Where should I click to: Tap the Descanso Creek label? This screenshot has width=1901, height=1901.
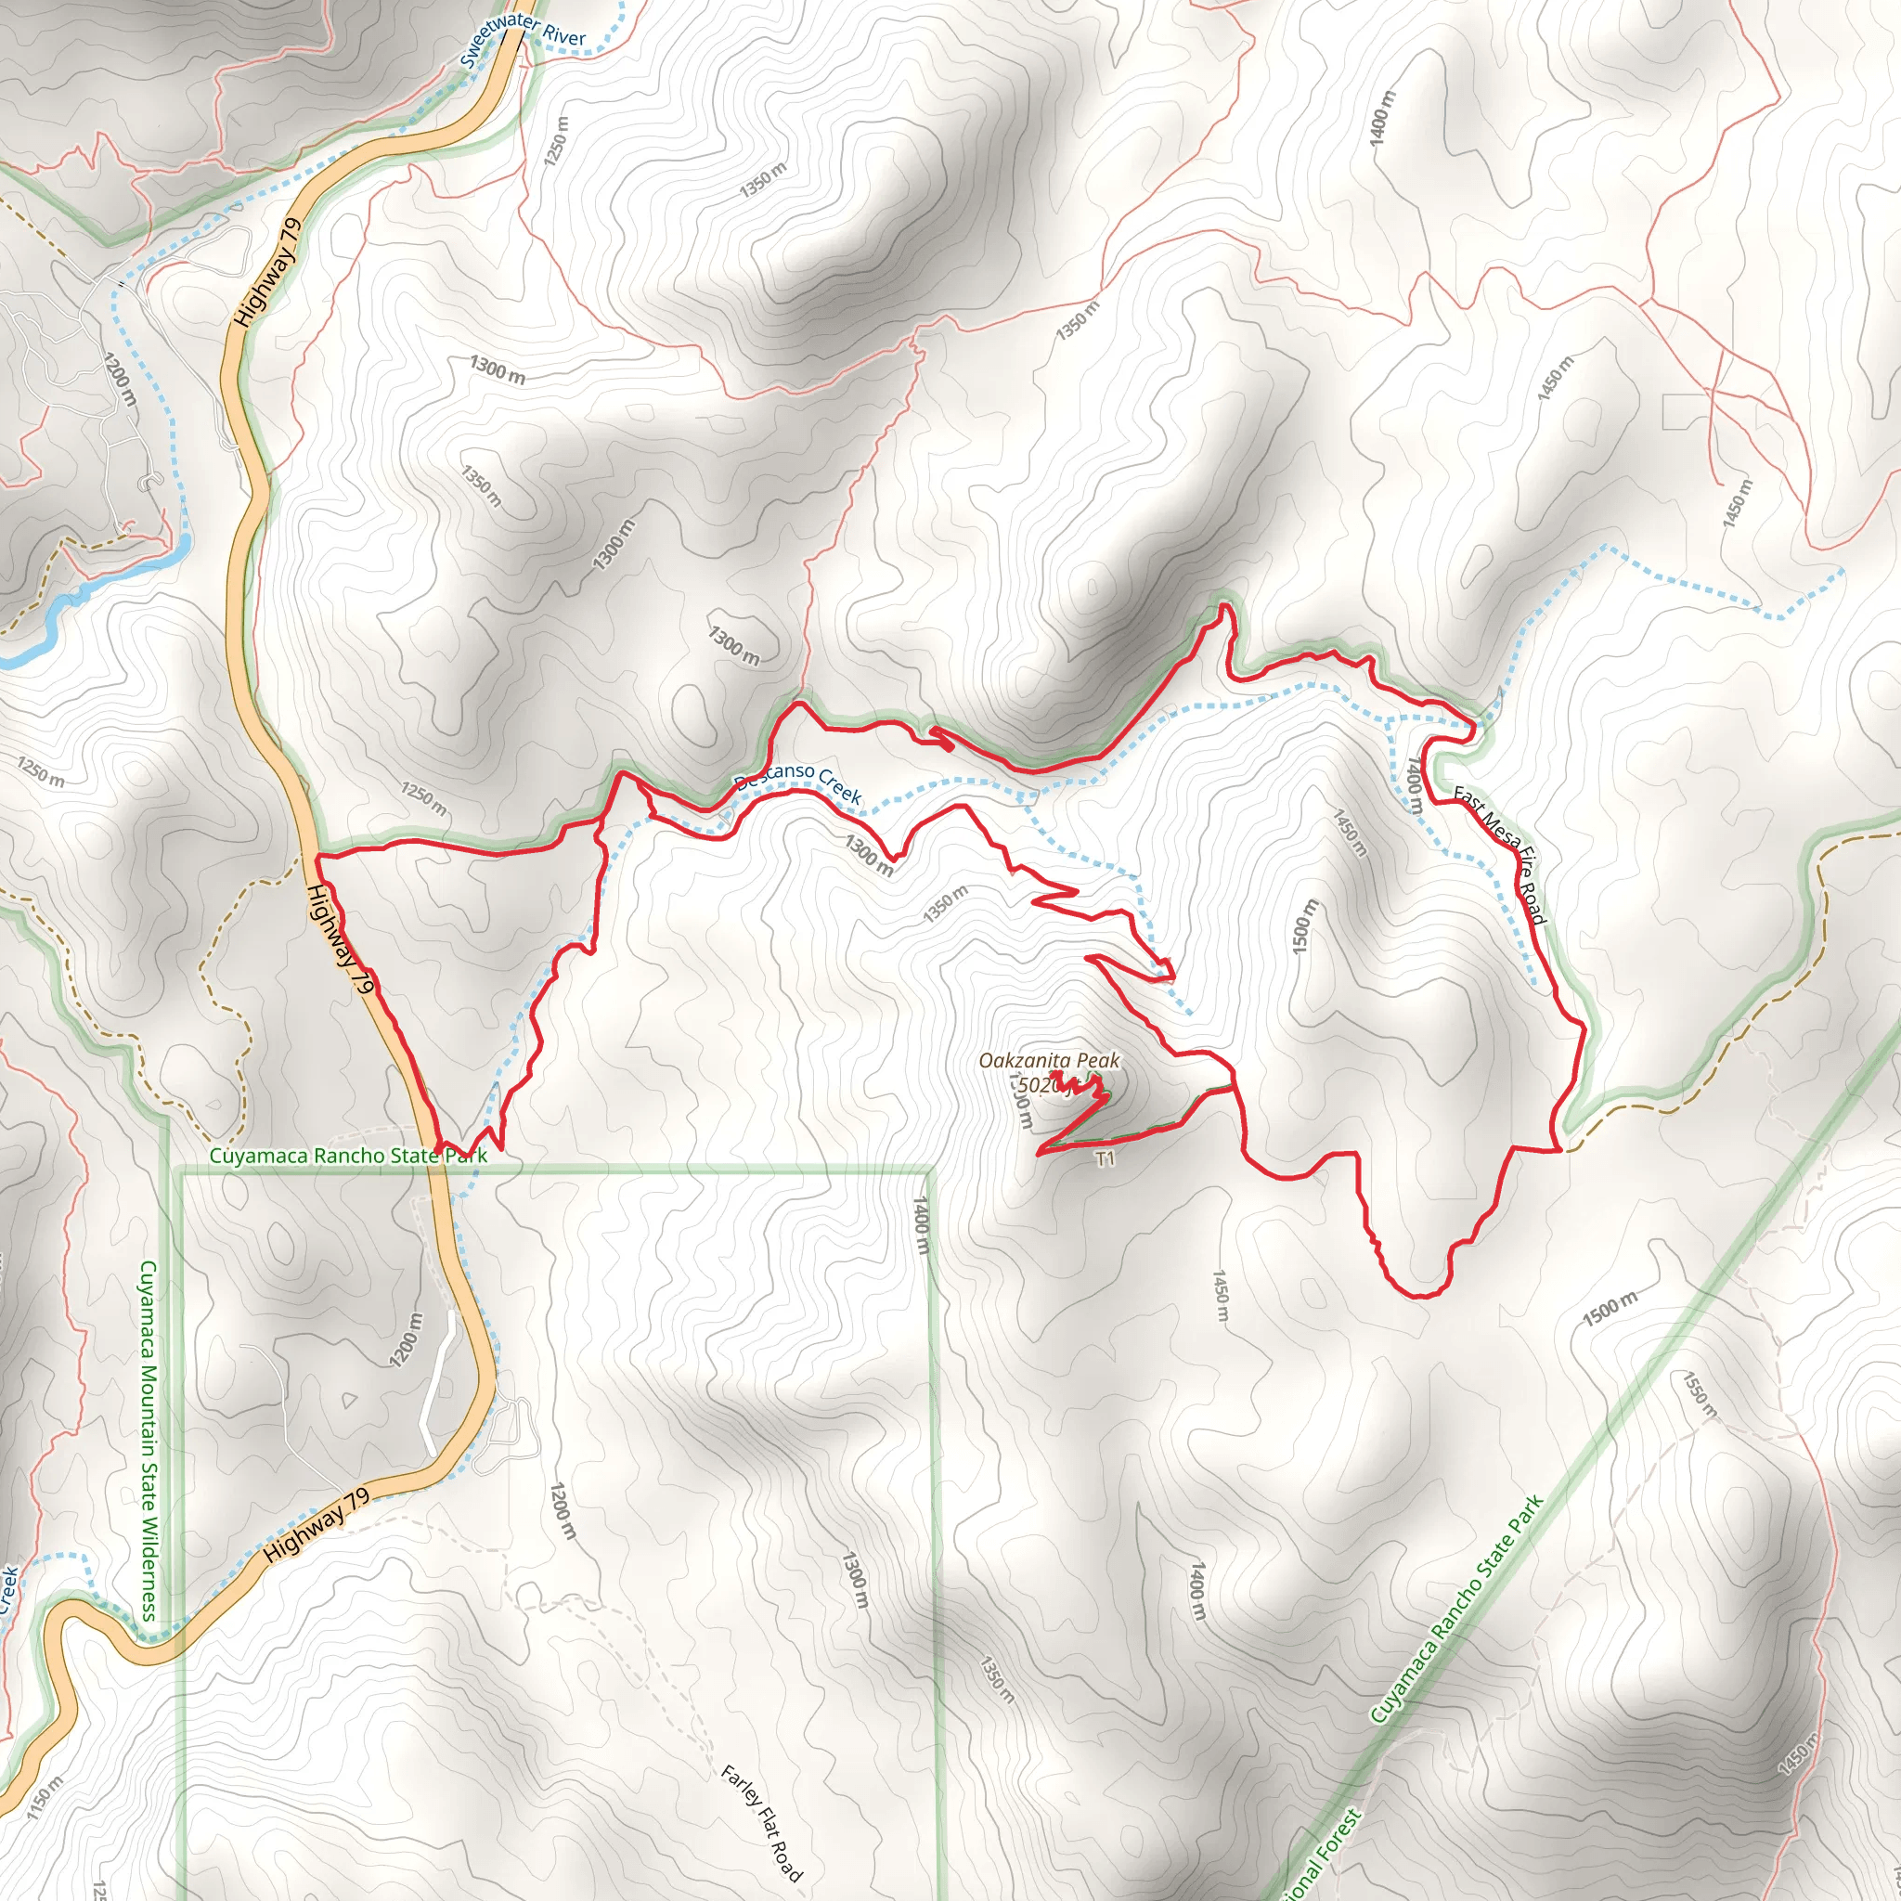(x=798, y=783)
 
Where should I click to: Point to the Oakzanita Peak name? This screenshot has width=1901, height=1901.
(x=1049, y=1061)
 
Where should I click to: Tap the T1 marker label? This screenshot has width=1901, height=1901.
(x=1105, y=1159)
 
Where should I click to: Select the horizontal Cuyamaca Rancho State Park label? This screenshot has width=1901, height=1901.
(x=348, y=1155)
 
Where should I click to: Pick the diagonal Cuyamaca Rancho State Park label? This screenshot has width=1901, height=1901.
(x=1455, y=1610)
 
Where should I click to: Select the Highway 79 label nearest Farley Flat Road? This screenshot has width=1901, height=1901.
(x=317, y=1526)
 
